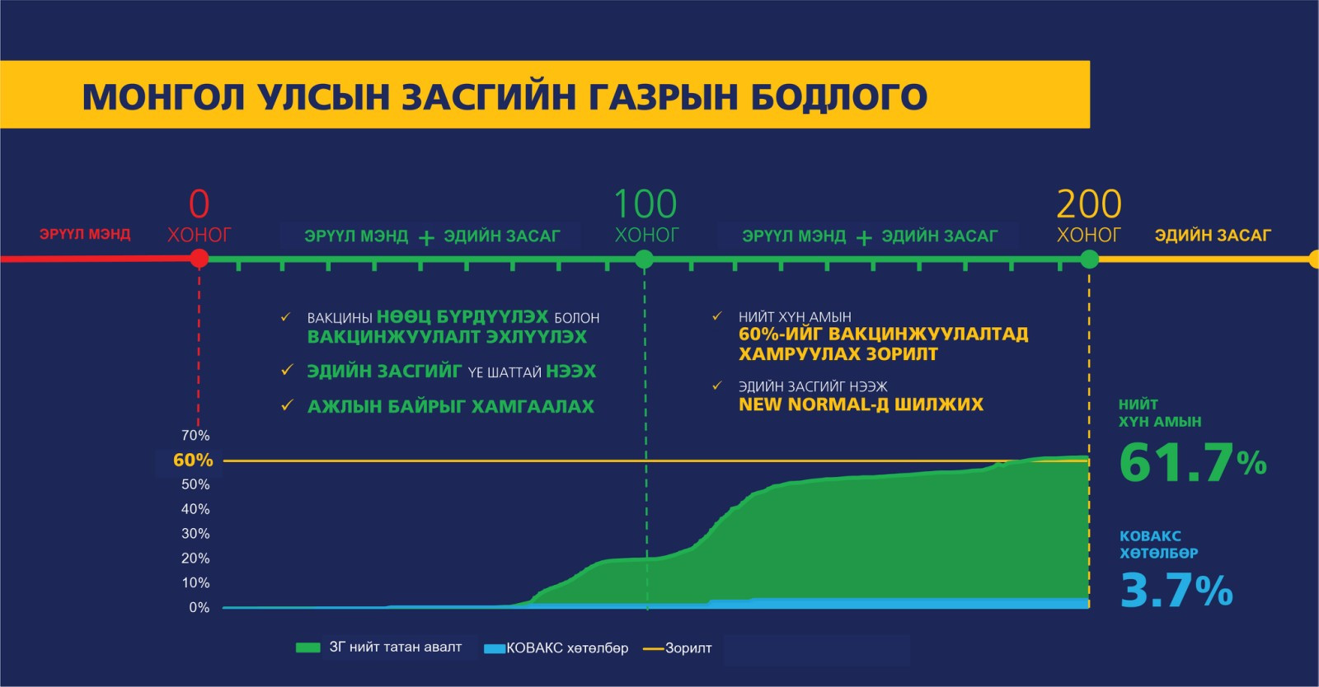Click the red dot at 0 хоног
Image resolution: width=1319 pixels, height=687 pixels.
(x=199, y=258)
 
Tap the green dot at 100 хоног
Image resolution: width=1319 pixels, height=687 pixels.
(x=644, y=259)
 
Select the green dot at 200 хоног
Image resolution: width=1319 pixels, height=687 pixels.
(x=1089, y=259)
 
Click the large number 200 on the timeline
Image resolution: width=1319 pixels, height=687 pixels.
(x=1089, y=204)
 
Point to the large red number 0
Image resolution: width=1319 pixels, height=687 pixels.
(x=199, y=204)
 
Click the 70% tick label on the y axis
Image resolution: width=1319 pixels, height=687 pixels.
(x=195, y=435)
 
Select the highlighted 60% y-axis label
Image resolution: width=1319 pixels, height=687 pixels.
(x=193, y=460)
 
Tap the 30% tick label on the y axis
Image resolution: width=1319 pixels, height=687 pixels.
(x=195, y=534)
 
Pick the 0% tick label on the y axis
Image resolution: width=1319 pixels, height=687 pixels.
(x=199, y=607)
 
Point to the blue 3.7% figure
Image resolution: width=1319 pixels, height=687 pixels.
(x=1176, y=590)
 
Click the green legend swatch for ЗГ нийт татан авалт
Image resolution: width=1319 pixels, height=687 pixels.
(x=307, y=647)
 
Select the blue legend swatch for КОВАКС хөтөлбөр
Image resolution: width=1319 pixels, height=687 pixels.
(x=495, y=648)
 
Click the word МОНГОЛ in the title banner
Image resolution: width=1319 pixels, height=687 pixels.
(x=163, y=97)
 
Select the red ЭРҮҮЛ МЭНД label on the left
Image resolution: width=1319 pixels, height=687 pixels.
(x=85, y=234)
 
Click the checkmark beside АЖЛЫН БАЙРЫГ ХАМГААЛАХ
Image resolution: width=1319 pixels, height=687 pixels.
(x=288, y=405)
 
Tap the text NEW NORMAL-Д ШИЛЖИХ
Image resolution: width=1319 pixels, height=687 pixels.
(x=861, y=404)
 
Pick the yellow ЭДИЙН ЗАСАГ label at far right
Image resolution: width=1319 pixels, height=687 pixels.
(x=1213, y=236)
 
